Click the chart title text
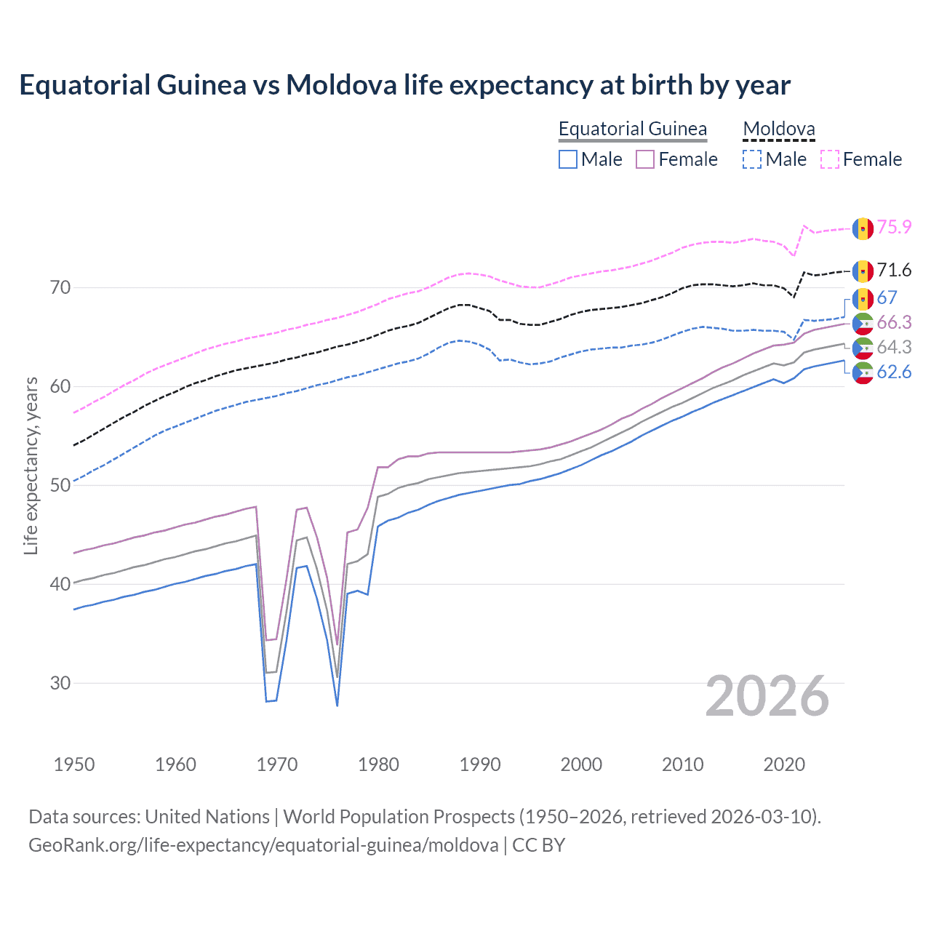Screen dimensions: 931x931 [x=404, y=85]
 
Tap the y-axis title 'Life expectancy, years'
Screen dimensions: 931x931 [x=31, y=465]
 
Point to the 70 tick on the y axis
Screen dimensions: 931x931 [x=60, y=287]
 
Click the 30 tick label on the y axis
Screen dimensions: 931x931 [x=60, y=683]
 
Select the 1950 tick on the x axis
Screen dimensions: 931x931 [x=74, y=764]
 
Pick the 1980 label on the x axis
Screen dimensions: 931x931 [x=378, y=764]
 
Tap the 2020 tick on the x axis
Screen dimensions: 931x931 [x=784, y=764]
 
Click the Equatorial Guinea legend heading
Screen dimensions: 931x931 [x=632, y=129]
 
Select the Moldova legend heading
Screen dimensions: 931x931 [x=778, y=129]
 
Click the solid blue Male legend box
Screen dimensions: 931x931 [x=568, y=159]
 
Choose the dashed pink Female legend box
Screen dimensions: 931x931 [x=830, y=159]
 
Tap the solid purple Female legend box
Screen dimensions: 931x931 [x=645, y=159]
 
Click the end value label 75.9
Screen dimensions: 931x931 [x=894, y=227]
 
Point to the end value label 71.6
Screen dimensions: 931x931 [x=894, y=271]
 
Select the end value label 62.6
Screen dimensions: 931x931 [x=894, y=372]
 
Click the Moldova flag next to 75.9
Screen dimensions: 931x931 [x=863, y=228]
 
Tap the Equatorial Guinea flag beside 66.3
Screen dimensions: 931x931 [x=863, y=324]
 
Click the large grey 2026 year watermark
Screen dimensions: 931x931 [x=767, y=696]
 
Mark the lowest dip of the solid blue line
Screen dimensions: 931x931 [x=337, y=705]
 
